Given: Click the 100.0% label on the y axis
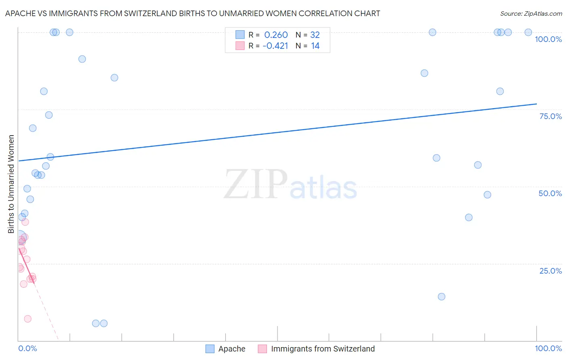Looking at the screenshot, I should coord(548,39).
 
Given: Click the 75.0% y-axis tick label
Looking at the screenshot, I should coord(550,116).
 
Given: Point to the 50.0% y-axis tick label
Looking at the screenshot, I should coord(550,193).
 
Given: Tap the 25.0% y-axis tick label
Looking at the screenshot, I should coord(550,271).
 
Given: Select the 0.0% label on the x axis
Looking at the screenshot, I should coord(27,348).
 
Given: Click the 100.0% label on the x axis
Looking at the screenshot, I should coord(548,348).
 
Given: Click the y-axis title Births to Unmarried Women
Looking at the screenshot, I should coord(11,184).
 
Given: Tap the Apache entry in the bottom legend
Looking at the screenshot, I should coord(231,349).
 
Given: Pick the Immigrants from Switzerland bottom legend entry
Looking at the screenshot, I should coord(323,349).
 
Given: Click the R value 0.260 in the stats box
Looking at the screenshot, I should coord(276,35).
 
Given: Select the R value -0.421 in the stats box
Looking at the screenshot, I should coord(275,46).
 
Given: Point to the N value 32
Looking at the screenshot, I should coord(315,35).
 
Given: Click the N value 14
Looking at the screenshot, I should coord(315,46).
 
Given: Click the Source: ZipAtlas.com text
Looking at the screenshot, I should coord(531,14).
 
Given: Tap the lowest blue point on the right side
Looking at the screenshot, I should coord(442,297).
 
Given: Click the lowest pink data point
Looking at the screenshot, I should coord(27,319).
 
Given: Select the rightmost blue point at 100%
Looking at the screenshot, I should coord(528,32).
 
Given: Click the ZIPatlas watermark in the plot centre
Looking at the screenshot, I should coord(290,185).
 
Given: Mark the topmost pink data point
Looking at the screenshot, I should coord(25,222).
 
